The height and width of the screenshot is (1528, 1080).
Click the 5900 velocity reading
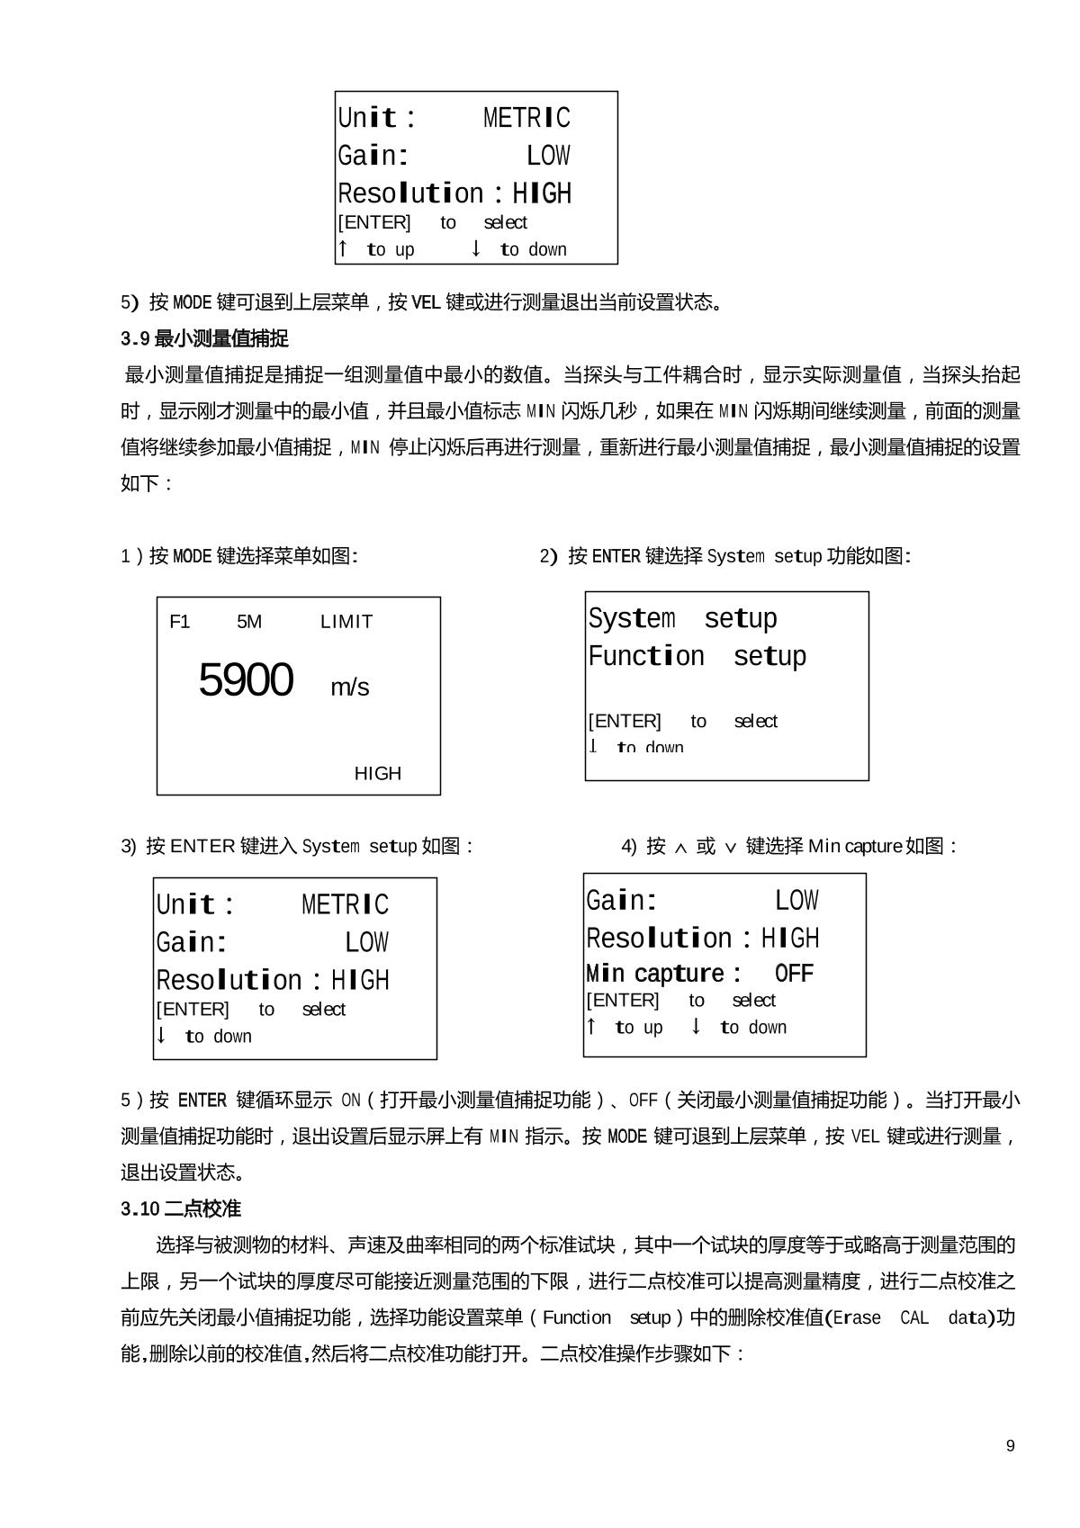[x=246, y=680]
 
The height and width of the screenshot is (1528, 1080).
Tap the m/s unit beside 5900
[x=349, y=688]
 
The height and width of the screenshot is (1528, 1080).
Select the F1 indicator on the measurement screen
[x=179, y=622]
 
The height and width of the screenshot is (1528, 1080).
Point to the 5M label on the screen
[x=249, y=622]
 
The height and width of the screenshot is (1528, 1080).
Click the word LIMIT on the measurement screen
[x=346, y=622]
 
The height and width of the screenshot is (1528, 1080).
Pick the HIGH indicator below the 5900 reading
[x=377, y=774]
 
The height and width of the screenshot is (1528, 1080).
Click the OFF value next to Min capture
[x=794, y=974]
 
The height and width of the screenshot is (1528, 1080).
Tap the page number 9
[x=1010, y=1446]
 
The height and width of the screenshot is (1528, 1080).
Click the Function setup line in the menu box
[x=697, y=657]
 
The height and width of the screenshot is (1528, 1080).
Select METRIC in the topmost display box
[x=526, y=118]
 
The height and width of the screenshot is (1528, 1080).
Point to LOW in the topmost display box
[x=548, y=156]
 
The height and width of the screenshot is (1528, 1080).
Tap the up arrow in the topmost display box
[x=343, y=248]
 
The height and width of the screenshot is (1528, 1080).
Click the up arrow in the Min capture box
[x=591, y=1027]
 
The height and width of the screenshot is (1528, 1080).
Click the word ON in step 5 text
[x=350, y=1101]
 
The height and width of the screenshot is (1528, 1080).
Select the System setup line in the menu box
[x=682, y=619]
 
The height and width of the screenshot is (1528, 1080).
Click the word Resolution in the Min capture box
[x=659, y=939]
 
